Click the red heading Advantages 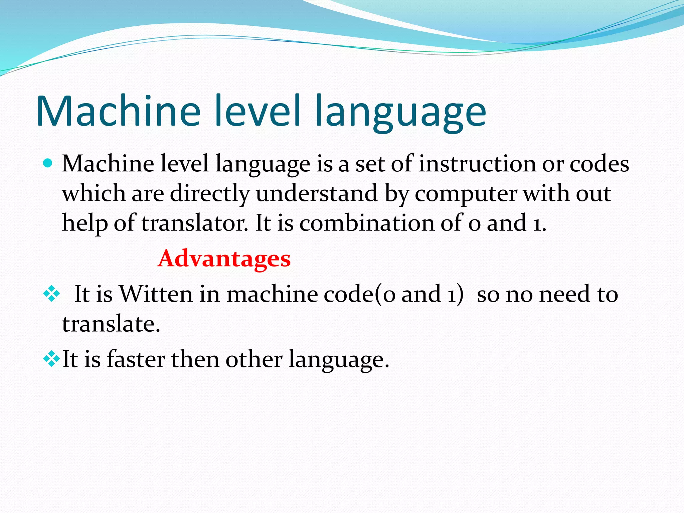[x=224, y=259]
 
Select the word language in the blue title [x=400, y=114]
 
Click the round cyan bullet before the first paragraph [x=48, y=163]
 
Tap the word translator [x=195, y=223]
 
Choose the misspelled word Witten [x=156, y=294]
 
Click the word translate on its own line [x=111, y=324]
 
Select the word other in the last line [x=254, y=359]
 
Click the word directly [x=210, y=194]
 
